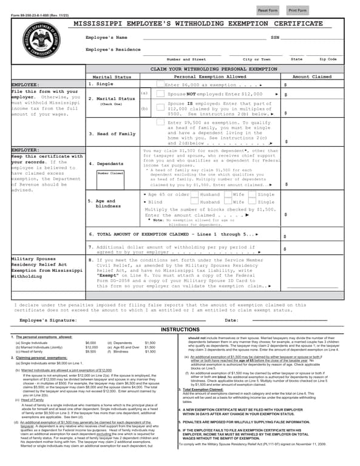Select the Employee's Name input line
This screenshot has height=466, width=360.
[200, 38]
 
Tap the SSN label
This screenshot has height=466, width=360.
[275, 38]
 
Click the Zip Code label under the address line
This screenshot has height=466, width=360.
[328, 59]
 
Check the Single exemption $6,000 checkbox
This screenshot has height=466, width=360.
[160, 85]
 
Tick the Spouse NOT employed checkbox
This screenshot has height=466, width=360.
[160, 95]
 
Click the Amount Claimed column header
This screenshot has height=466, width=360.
[312, 77]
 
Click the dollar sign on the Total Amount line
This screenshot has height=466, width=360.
[285, 235]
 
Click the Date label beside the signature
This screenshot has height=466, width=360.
[231, 320]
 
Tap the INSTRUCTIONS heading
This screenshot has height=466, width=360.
[180, 329]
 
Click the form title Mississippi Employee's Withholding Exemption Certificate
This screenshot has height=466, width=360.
[198, 23]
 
